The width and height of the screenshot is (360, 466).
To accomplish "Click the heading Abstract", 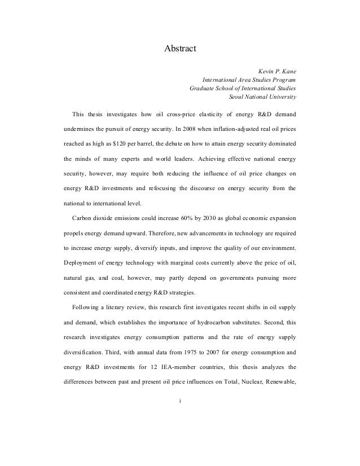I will [x=179, y=49].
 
